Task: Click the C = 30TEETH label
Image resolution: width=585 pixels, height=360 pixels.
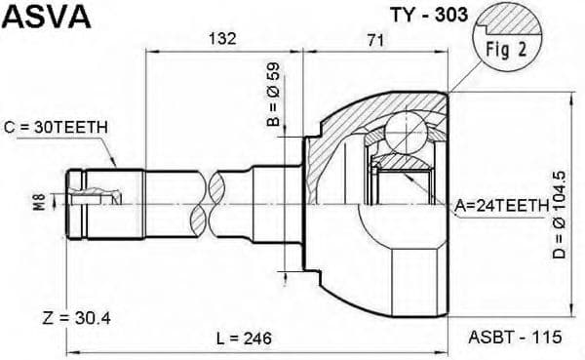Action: tap(56, 127)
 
